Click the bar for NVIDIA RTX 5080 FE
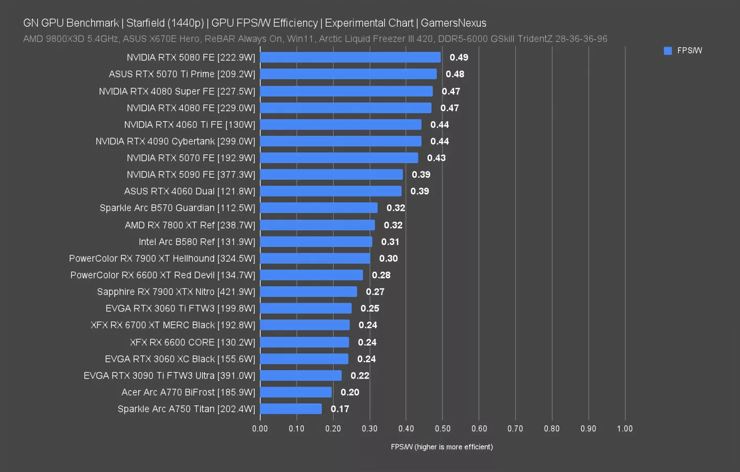click(350, 57)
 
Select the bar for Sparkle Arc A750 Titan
click(291, 409)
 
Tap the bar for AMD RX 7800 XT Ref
click(317, 225)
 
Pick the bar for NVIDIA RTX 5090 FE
click(331, 174)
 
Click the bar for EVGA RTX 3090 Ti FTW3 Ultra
click(301, 376)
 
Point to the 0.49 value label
click(459, 57)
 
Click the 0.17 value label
click(340, 409)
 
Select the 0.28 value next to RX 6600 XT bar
click(381, 275)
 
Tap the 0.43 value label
click(436, 158)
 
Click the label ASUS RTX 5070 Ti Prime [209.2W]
click(182, 74)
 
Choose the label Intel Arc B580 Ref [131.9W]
click(196, 242)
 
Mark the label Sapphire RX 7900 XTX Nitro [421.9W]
click(176, 292)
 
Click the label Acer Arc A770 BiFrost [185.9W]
click(188, 392)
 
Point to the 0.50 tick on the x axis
click(442, 428)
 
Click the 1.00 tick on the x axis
click(624, 428)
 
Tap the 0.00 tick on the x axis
click(260, 428)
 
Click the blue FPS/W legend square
click(668, 51)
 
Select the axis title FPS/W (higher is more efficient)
click(441, 447)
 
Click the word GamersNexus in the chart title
click(454, 23)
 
